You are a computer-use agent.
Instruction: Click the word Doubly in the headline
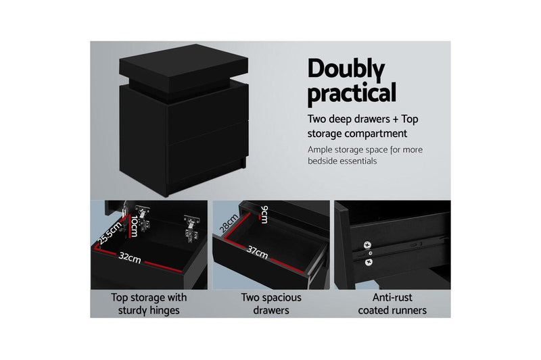[346, 70]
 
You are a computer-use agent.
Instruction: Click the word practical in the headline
[352, 93]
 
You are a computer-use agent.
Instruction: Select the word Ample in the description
[321, 149]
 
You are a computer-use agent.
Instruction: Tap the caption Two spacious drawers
[270, 304]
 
